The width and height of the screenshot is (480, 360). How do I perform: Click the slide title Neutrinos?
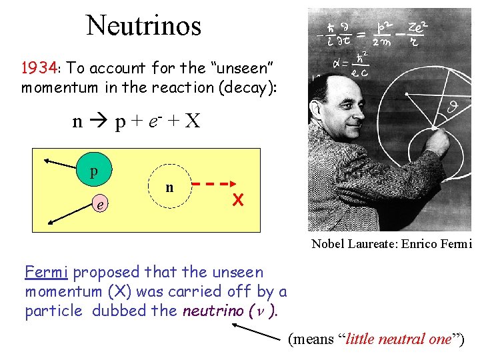click(x=143, y=26)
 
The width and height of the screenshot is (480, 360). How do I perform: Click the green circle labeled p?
click(x=94, y=171)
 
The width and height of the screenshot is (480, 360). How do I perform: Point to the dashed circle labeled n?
click(x=169, y=187)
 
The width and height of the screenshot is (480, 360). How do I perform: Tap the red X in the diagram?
click(x=237, y=199)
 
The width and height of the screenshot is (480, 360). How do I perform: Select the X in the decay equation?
click(x=192, y=121)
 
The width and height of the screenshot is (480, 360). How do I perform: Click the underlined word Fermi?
click(x=47, y=272)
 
